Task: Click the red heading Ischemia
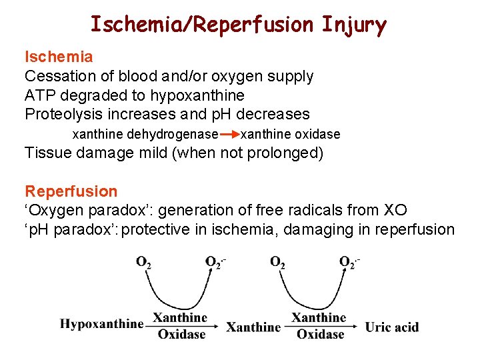(x=59, y=57)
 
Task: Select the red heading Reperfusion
(x=71, y=192)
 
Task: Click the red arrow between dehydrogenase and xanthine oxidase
(x=229, y=134)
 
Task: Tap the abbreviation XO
(x=393, y=211)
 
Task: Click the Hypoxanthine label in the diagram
(x=101, y=325)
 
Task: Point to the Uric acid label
(x=392, y=327)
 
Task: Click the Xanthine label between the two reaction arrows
(x=253, y=327)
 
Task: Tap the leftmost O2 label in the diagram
(x=143, y=262)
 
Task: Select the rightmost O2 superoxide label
(x=349, y=261)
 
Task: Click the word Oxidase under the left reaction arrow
(x=181, y=334)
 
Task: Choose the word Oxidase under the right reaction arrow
(x=320, y=334)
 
